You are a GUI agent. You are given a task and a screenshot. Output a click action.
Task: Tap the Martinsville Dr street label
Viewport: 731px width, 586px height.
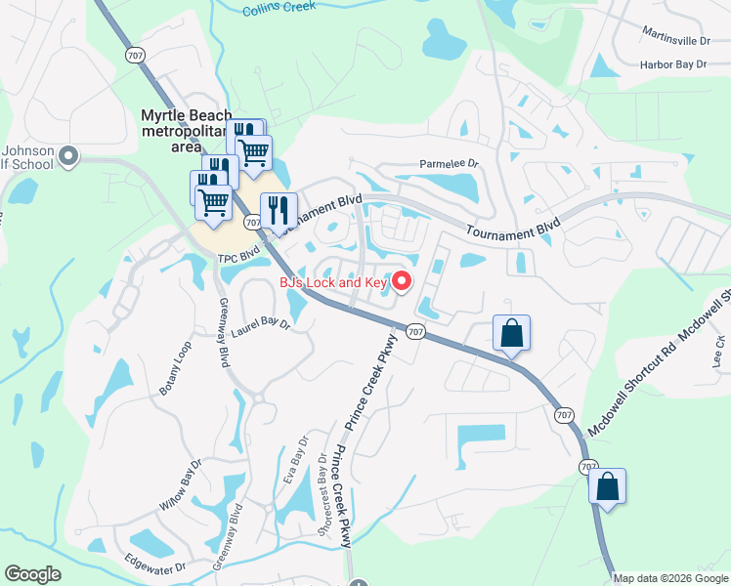(x=676, y=39)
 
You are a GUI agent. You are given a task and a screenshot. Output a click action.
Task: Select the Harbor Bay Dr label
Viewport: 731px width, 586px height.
(x=673, y=64)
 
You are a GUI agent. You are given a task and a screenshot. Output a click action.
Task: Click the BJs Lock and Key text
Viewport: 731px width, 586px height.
(x=333, y=282)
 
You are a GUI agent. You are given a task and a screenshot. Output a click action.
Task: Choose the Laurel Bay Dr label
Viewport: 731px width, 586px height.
(x=261, y=323)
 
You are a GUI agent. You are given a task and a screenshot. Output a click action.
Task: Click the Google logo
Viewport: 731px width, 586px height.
(x=32, y=574)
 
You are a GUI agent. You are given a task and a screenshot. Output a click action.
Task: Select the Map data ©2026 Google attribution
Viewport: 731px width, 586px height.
(x=670, y=578)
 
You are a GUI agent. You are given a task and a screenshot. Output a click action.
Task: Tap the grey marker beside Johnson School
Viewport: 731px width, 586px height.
(x=68, y=156)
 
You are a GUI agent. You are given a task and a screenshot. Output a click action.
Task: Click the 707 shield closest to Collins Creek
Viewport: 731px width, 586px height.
(x=134, y=55)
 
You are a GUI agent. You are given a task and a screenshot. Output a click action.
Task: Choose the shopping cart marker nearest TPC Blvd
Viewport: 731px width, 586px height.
(x=213, y=202)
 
